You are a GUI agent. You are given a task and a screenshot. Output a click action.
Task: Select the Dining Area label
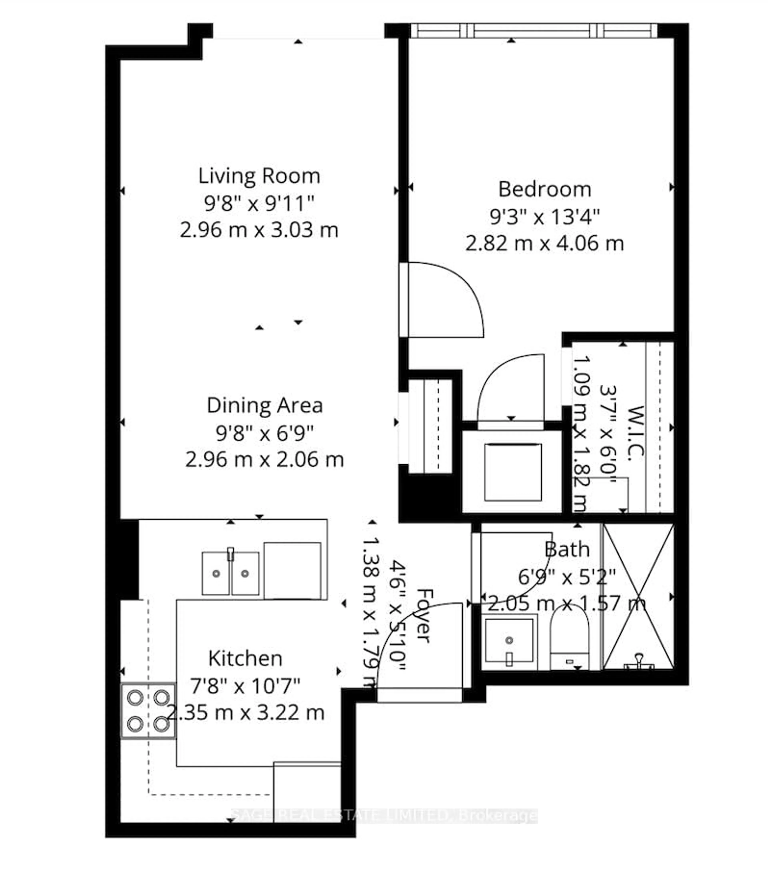[265, 405]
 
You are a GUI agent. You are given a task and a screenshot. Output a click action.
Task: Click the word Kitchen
[245, 659]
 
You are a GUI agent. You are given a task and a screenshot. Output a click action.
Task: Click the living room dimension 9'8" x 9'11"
[259, 203]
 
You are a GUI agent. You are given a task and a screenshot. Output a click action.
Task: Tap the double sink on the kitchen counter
[230, 573]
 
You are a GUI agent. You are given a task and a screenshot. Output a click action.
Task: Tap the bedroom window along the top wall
[533, 31]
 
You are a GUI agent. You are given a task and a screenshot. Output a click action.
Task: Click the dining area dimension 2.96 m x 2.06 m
[265, 460]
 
